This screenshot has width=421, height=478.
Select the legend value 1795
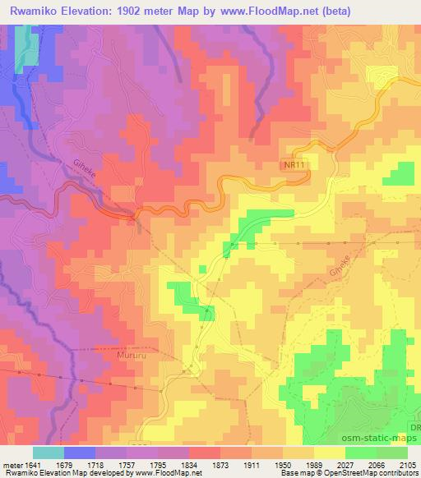click(161, 465)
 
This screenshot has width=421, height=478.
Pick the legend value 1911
click(255, 465)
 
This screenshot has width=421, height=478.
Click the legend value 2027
click(349, 465)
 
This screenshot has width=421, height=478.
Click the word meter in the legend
click(12, 465)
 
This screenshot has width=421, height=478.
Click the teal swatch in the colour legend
click(49, 453)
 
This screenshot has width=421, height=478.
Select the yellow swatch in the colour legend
click(330, 453)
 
